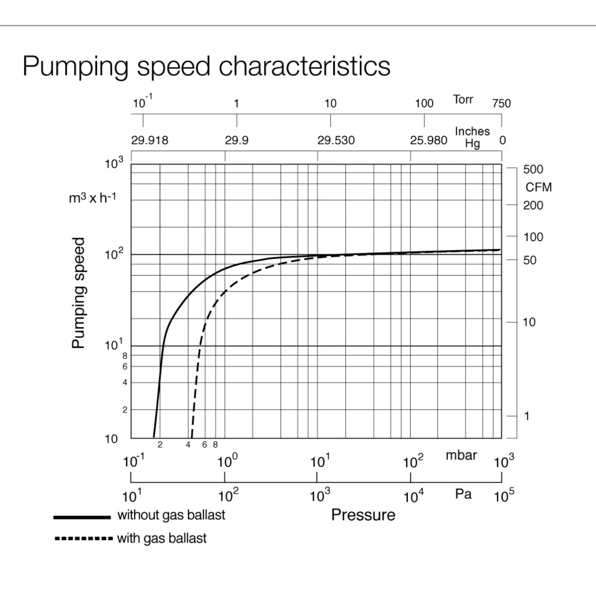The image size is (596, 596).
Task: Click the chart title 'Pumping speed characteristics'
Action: [x=206, y=66]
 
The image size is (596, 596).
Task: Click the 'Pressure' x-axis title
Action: [x=363, y=515]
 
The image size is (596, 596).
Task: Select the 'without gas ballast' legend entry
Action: [x=171, y=515]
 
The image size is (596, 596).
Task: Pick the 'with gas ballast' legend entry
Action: [x=161, y=538]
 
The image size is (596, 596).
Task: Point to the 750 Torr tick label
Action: [x=501, y=103]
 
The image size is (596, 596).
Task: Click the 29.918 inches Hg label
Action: [x=149, y=141]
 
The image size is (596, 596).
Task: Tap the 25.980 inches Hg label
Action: [x=428, y=141]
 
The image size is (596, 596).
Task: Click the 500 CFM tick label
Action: [x=533, y=169]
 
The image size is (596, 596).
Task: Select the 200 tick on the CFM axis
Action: [x=533, y=206]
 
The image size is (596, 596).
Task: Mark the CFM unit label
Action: [x=538, y=187]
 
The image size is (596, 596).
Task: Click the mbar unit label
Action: [x=461, y=455]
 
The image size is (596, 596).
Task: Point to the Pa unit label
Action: [x=463, y=494]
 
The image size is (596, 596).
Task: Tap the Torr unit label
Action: [x=463, y=99]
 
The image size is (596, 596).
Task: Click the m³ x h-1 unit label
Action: [x=92, y=199]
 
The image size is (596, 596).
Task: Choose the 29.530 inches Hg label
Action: [x=336, y=141]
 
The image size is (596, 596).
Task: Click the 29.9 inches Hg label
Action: [x=236, y=141]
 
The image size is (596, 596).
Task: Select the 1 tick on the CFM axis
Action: [x=527, y=416]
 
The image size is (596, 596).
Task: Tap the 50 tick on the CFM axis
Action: [x=530, y=260]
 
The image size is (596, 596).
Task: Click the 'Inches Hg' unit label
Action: [x=472, y=137]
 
